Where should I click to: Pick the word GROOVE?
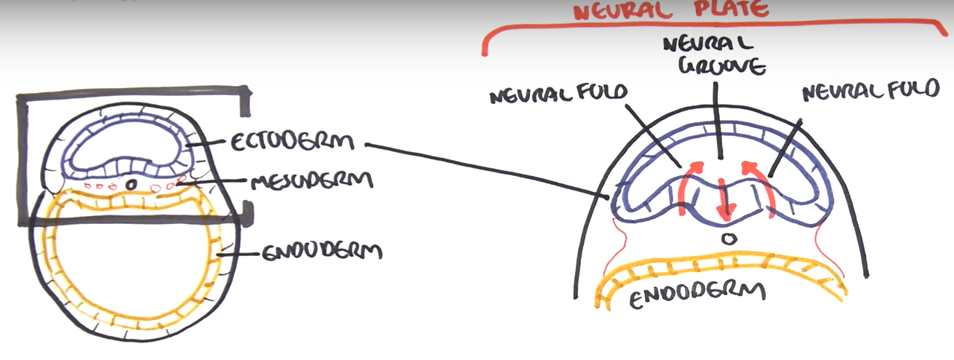pos(713,68)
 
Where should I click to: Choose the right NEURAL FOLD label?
pos(865,92)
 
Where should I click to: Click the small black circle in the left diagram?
pos(130,185)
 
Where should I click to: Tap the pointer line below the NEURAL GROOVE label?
pos(718,120)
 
